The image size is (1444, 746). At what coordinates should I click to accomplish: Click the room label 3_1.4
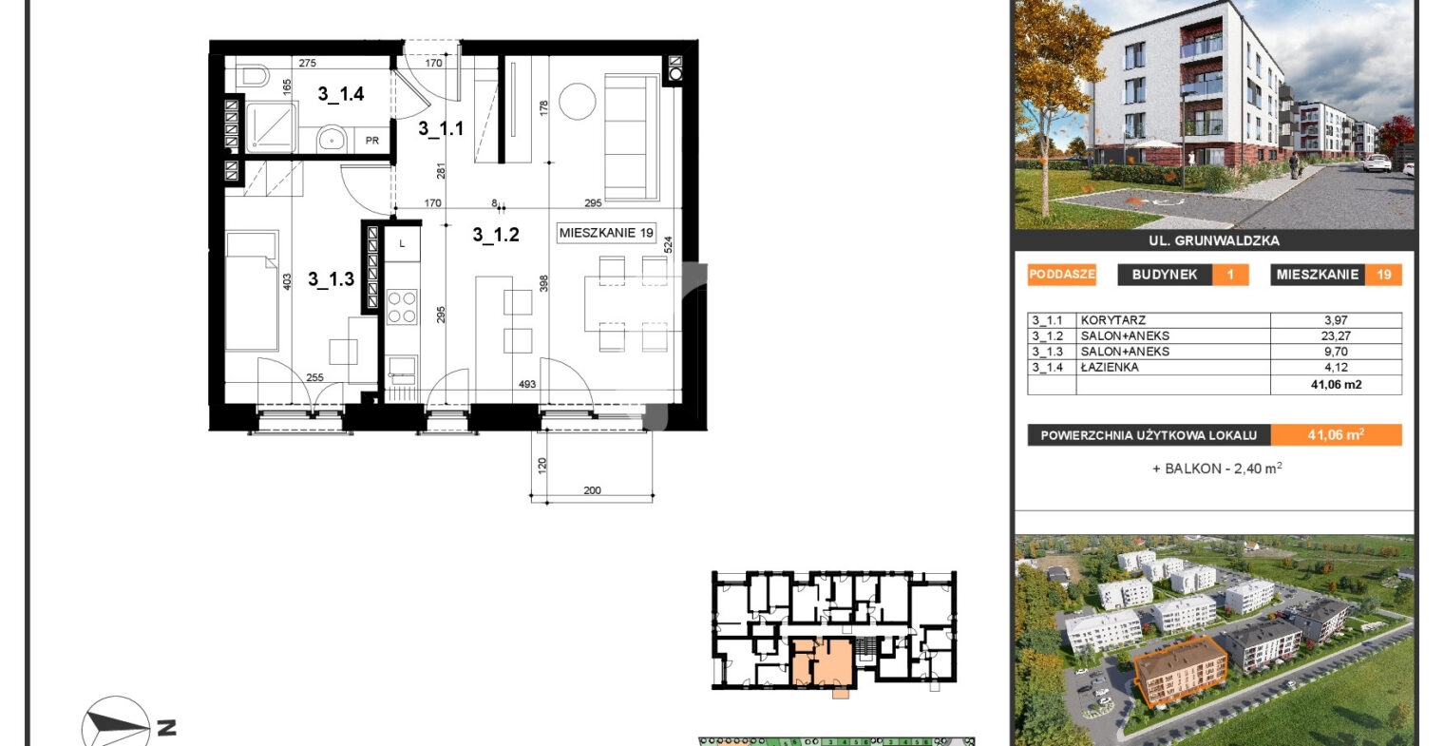coord(341,94)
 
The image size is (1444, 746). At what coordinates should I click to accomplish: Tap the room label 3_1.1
coord(441,129)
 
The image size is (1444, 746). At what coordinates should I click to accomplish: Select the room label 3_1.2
coord(496,235)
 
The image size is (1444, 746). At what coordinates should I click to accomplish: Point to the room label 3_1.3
coord(331,279)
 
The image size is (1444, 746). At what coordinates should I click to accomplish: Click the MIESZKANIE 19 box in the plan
coord(606,233)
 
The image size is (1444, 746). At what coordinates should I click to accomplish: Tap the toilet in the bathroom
coord(253,77)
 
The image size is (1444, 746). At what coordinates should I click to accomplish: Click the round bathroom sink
coord(332,139)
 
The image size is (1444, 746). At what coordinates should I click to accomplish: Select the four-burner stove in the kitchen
coord(402,307)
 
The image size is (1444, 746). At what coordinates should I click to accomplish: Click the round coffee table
coord(577,102)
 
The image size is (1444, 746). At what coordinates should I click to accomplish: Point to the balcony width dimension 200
coord(592,490)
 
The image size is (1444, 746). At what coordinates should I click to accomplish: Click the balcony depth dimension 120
coord(542,465)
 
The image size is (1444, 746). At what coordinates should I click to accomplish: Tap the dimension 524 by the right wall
coord(669,244)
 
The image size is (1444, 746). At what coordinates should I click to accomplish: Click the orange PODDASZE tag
coord(1062,275)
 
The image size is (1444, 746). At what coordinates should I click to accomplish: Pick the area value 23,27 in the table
coord(1335,335)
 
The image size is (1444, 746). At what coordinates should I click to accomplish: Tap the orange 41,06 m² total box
coord(1336,435)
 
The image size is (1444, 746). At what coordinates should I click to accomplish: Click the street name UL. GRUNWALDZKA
coord(1214,241)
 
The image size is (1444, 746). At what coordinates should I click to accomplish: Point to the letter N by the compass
coord(167,728)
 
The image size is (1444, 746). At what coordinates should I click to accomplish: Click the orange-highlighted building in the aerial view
coord(1180,670)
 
